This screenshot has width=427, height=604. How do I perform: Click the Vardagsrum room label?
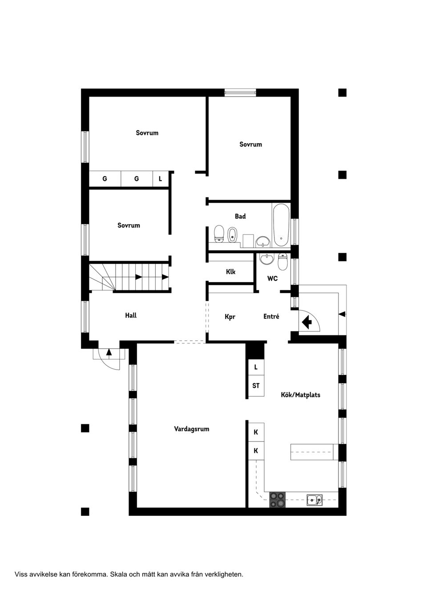191,429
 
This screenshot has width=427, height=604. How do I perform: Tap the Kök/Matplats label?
300,395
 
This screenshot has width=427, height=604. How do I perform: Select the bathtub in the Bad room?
281,226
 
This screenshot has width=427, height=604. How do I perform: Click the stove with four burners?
278,499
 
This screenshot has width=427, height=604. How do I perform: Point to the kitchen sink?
314,500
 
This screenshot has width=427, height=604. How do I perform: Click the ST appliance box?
256,386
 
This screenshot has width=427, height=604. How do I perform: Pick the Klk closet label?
230,272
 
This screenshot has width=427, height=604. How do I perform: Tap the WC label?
272,278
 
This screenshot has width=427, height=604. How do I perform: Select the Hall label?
130,315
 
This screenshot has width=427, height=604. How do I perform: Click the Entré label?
271,317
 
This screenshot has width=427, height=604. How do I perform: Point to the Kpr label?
230,317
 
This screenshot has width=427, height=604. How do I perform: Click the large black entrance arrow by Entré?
306,321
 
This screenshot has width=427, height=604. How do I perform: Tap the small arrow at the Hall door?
109,353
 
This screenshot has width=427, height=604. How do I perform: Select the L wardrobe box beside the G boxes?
161,179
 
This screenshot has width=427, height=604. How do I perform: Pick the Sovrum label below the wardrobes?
129,225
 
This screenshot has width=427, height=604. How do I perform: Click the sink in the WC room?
267,258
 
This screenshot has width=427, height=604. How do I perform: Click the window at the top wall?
240,93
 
